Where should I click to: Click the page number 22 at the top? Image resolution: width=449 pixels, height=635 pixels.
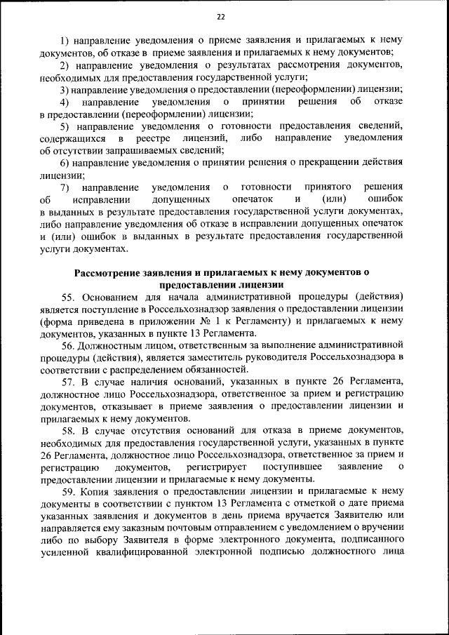coord(221,17)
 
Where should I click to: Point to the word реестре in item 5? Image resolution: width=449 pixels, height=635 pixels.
coord(169,138)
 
